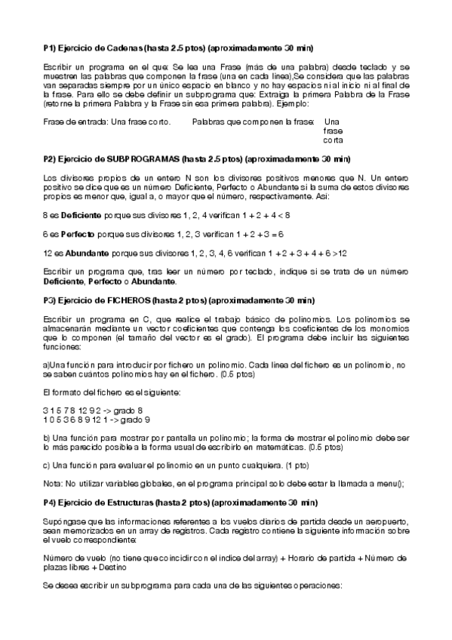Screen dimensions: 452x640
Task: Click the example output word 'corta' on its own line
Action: coord(333,141)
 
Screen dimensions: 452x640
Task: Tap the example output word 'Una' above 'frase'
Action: coord(331,122)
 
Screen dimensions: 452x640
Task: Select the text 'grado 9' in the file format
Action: coord(135,420)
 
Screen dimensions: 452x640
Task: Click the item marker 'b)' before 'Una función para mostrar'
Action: coord(48,438)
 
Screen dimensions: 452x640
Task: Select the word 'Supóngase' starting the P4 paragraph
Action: coord(63,522)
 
